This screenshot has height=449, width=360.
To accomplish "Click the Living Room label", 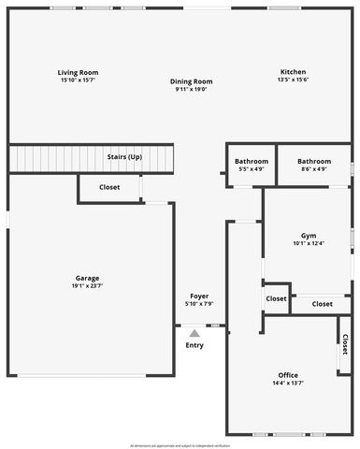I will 78,72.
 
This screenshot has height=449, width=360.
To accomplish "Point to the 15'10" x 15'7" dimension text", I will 78,80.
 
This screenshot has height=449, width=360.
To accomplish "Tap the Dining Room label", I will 192,81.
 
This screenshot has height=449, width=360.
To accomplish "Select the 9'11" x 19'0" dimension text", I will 192,89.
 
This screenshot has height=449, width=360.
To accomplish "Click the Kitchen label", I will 293,72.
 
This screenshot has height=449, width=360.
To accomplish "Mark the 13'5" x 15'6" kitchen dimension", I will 293,80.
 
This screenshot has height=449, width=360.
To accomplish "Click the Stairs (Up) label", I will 124,156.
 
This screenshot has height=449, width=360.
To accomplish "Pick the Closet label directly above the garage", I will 109,187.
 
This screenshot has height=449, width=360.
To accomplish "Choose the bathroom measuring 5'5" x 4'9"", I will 252,161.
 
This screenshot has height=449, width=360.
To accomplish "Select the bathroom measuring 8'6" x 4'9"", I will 314,161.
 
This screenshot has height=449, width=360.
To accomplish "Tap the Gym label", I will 308,235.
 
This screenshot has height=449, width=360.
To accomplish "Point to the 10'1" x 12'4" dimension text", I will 308,243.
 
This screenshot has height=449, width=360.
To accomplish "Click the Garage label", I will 88,278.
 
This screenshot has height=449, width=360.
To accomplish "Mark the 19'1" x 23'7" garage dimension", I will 88,286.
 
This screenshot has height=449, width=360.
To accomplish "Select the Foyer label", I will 199,296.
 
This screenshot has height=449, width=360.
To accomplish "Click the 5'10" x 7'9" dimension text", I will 199,303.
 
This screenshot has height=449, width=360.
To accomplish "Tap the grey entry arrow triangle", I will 194,332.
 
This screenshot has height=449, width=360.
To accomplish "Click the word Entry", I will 194,345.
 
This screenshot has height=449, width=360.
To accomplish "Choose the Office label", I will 287,375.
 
